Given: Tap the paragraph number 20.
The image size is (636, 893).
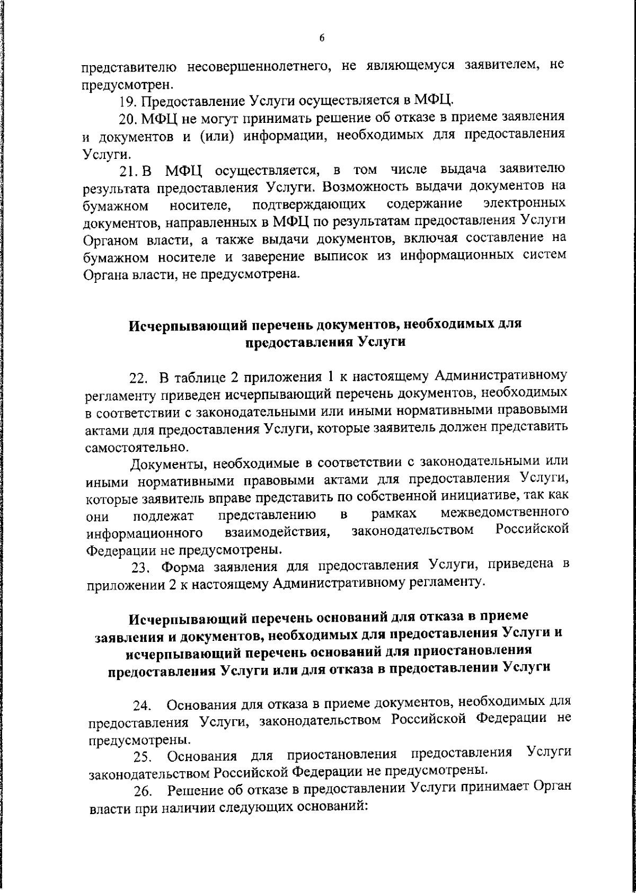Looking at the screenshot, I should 128,117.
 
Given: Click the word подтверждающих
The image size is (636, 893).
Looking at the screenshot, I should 310,204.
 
